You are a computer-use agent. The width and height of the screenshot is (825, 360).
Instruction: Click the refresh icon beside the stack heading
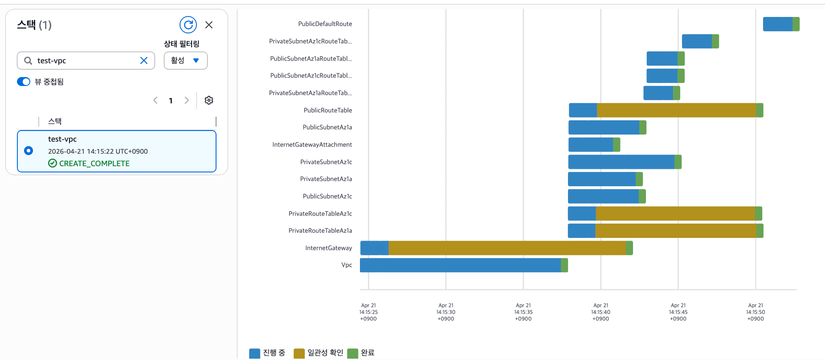tap(188, 25)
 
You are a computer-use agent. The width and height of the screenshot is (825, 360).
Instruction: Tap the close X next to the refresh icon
tap(209, 25)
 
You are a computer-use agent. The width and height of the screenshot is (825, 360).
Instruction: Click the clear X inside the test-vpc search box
tap(144, 61)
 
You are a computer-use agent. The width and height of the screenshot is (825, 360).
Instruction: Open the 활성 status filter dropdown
tap(185, 61)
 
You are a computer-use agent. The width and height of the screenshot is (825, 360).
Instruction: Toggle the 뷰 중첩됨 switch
tap(24, 82)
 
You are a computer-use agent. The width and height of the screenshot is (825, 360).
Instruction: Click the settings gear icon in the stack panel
tap(209, 100)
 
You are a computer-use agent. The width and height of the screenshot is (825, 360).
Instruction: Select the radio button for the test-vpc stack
tap(29, 151)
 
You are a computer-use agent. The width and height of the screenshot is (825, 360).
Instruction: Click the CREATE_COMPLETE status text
tap(94, 164)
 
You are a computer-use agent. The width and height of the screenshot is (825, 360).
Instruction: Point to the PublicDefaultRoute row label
tap(325, 24)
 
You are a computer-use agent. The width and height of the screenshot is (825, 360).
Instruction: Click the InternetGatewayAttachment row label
tap(312, 145)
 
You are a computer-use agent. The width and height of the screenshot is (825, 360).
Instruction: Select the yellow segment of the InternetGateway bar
tap(507, 248)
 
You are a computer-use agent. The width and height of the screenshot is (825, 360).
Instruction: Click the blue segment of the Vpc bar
tap(460, 265)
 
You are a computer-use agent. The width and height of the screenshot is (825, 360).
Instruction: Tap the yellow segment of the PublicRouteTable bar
tap(676, 110)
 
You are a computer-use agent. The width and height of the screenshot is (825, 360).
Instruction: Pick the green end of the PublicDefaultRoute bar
tap(796, 24)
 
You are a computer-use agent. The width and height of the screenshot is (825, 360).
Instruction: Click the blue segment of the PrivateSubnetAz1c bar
tap(621, 162)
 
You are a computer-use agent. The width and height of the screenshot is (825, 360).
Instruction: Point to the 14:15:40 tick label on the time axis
tap(600, 312)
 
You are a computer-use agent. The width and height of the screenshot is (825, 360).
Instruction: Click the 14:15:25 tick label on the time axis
tap(368, 312)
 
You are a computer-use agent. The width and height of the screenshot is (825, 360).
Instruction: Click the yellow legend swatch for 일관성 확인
tap(299, 353)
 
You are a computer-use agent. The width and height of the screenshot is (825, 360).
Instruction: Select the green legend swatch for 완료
tap(352, 353)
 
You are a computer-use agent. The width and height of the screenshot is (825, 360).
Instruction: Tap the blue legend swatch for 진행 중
tap(254, 353)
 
